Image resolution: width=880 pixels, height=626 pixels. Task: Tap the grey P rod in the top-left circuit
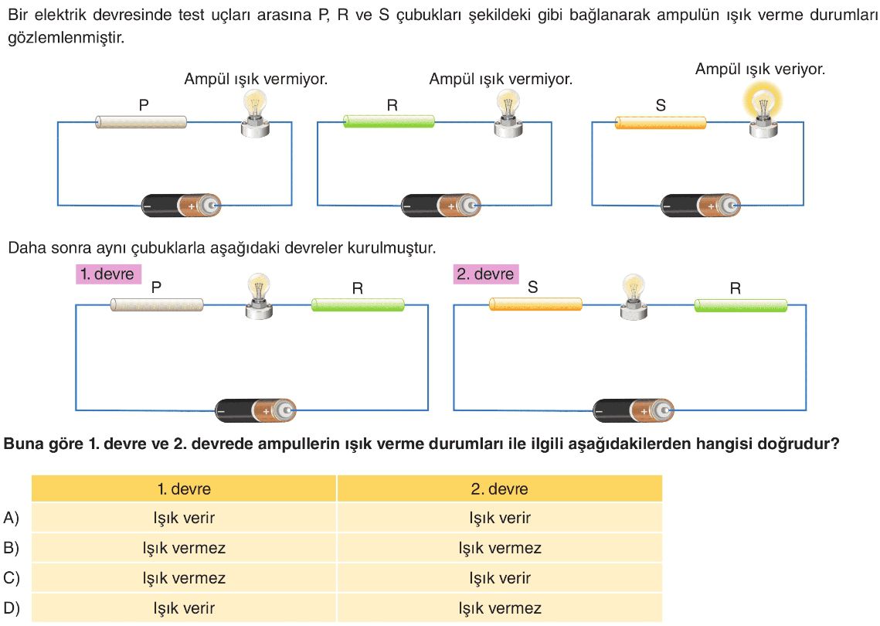click(141, 122)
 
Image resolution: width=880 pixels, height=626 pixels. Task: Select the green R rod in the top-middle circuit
click(389, 121)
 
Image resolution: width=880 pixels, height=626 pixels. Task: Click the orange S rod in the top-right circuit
click(661, 122)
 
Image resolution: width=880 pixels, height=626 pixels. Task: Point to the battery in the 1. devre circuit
click(255, 411)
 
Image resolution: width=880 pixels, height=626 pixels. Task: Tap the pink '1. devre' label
click(107, 274)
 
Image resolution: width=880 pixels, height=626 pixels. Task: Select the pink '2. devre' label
click(484, 274)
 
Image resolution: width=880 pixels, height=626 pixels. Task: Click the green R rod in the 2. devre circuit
click(740, 305)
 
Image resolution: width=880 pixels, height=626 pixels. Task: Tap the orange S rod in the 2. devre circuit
click(535, 304)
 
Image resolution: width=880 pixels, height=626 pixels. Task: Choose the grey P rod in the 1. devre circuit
click(157, 304)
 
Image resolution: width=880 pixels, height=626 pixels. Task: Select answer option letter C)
click(12, 578)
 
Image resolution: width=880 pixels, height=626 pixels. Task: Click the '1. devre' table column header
click(184, 488)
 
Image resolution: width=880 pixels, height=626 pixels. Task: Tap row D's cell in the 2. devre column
click(500, 608)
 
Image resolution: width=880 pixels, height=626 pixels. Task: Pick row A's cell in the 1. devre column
click(184, 518)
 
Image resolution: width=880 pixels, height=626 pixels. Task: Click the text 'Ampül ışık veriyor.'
click(760, 70)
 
